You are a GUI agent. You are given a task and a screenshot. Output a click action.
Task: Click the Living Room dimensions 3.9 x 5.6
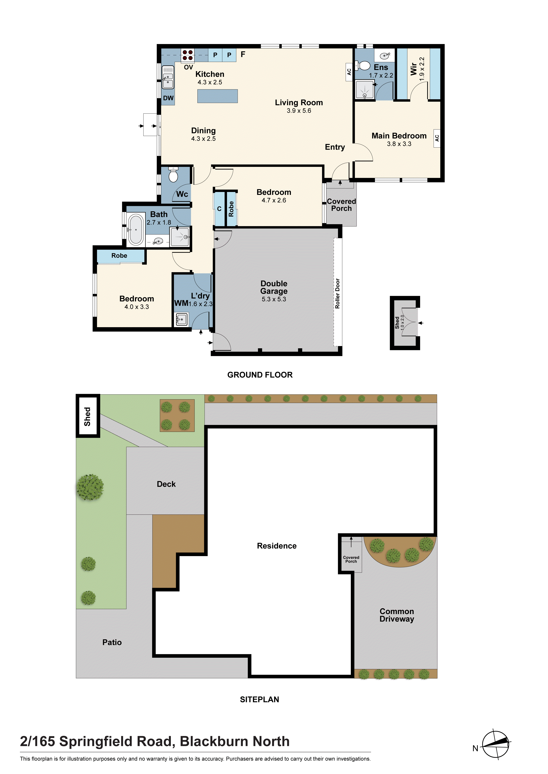click(299, 111)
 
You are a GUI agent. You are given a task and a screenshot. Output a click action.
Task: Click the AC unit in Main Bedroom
click(437, 138)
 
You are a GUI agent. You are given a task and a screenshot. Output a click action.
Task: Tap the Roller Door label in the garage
click(337, 293)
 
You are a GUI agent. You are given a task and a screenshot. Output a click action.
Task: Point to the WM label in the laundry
click(181, 303)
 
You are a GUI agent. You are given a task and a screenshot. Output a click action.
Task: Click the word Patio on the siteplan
click(112, 642)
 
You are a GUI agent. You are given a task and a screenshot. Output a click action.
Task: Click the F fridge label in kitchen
click(243, 54)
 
